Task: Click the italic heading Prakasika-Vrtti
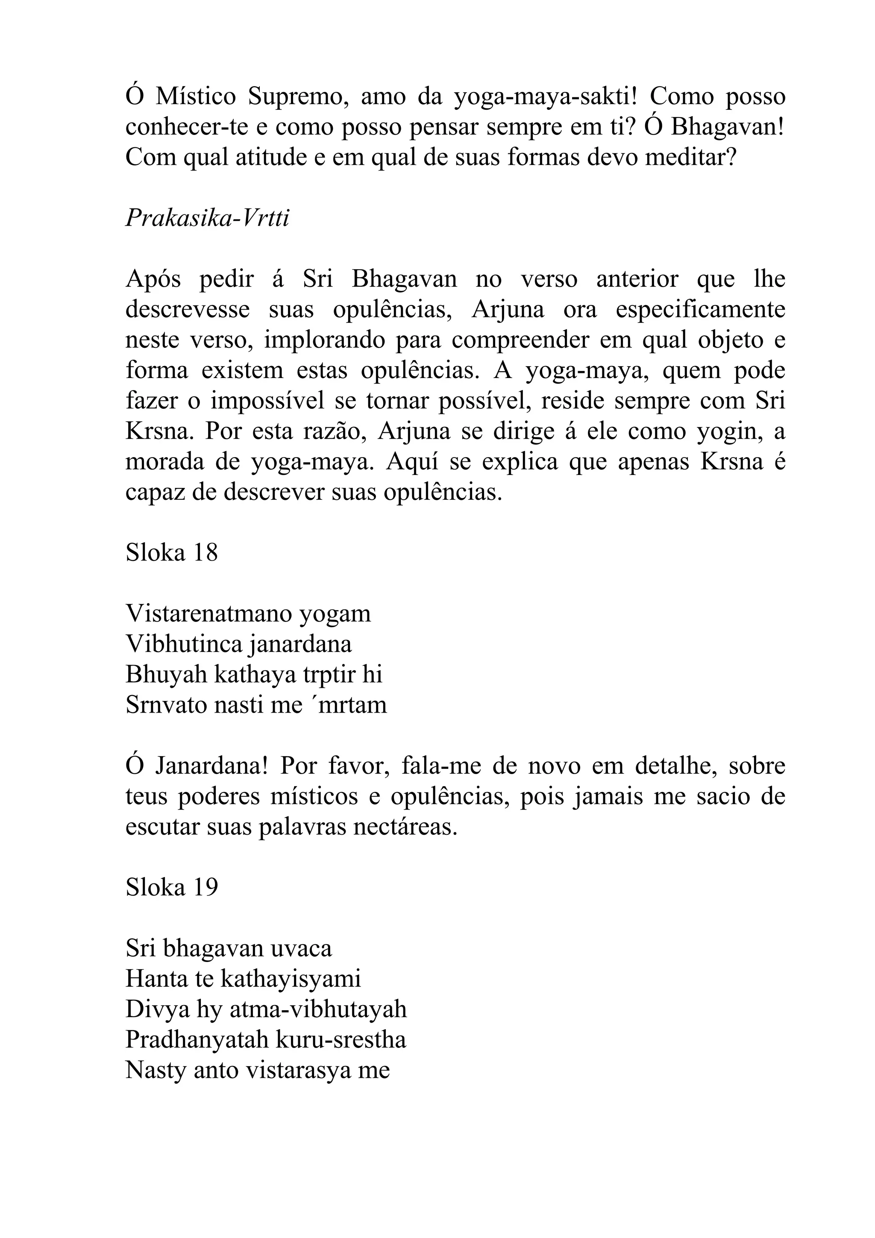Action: pos(208,218)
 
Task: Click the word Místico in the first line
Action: pos(196,97)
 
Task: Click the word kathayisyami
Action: pos(291,979)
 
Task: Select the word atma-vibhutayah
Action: pos(318,1009)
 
